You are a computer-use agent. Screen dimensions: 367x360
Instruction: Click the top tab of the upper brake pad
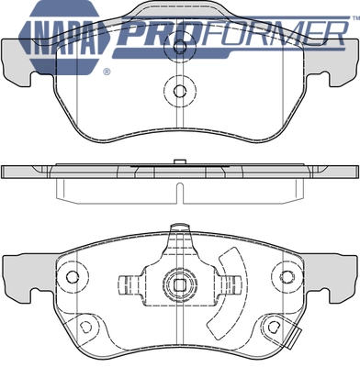coord(180,11)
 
